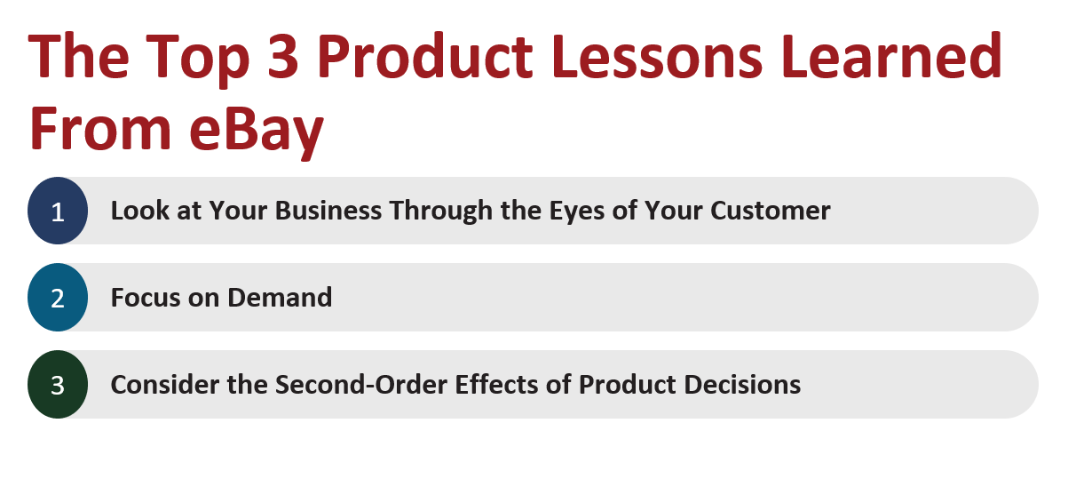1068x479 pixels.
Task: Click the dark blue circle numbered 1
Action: click(58, 212)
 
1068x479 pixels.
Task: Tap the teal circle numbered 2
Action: click(58, 298)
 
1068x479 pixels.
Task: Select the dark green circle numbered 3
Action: click(58, 385)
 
